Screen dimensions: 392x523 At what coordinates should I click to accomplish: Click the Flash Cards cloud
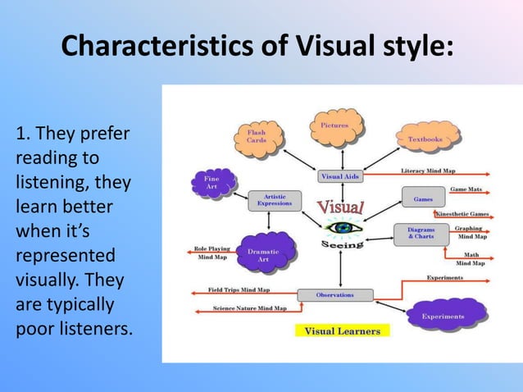257,136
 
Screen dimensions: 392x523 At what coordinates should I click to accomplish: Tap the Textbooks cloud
425,139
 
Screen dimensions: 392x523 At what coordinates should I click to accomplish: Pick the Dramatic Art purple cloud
263,255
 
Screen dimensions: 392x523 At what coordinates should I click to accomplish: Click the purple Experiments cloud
443,316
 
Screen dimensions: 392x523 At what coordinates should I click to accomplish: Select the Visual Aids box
339,175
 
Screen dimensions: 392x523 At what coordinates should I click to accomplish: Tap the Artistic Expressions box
274,200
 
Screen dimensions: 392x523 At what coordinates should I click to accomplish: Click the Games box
423,198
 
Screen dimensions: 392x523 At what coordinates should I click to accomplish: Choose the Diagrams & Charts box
421,234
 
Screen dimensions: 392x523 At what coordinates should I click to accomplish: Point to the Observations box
334,294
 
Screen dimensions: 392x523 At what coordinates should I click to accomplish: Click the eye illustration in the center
341,226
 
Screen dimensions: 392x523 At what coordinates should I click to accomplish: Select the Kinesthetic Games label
462,213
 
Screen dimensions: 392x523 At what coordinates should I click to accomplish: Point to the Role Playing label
212,248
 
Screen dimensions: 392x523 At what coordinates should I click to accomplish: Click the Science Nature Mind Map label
249,308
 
